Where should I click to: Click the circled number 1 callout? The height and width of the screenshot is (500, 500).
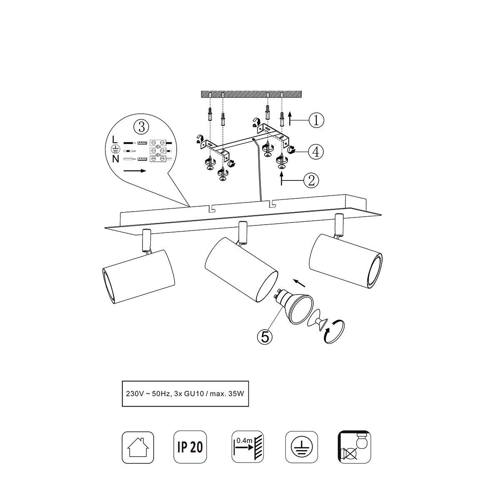click(x=316, y=120)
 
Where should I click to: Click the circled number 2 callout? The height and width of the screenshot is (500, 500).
click(x=311, y=180)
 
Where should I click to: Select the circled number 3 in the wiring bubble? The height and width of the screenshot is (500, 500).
click(x=141, y=127)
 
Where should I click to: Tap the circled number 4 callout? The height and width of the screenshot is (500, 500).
click(x=316, y=152)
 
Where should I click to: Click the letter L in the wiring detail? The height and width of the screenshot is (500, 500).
click(x=115, y=140)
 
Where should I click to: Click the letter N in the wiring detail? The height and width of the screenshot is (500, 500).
click(x=115, y=159)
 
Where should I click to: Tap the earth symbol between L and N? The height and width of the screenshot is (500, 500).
click(x=115, y=149)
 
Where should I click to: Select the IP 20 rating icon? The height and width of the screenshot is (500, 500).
click(x=190, y=447)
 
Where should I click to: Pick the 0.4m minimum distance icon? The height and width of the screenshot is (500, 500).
click(x=247, y=447)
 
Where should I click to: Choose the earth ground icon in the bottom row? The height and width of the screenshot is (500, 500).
click(x=302, y=447)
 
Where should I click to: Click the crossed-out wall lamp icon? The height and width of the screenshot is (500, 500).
click(x=355, y=447)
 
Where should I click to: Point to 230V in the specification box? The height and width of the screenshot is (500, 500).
click(x=133, y=393)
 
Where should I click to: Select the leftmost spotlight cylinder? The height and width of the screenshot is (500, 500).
click(x=138, y=277)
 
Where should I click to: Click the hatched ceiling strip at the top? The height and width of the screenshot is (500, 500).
click(x=251, y=94)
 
